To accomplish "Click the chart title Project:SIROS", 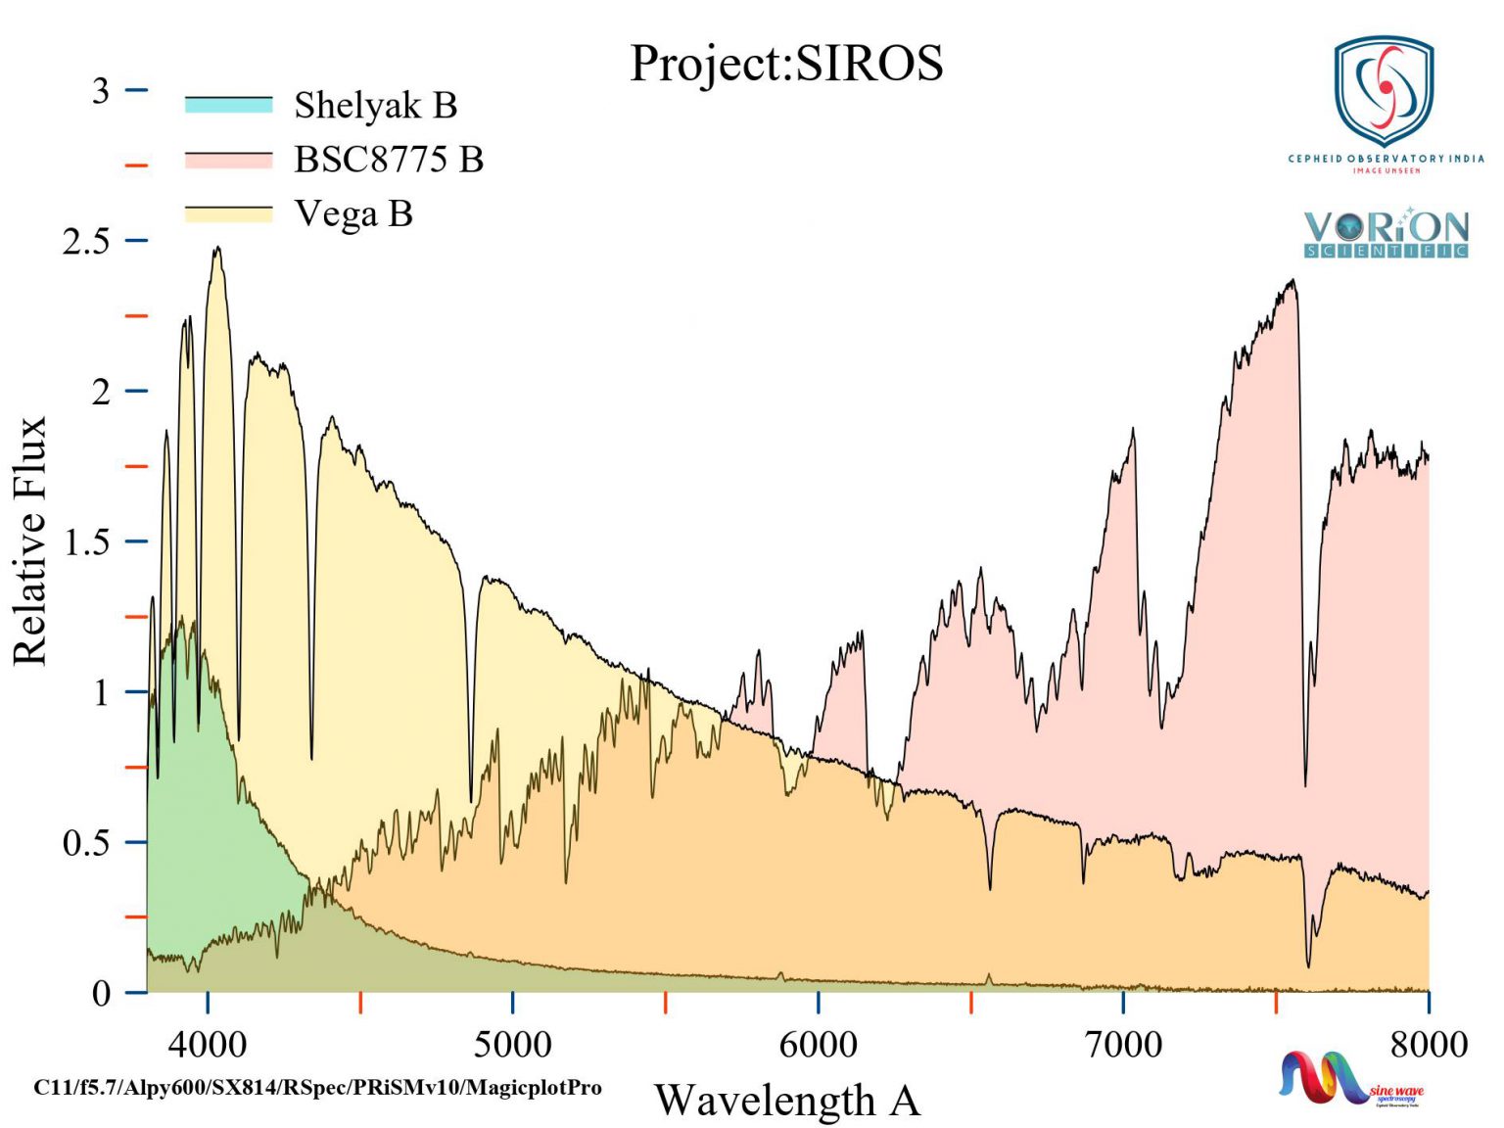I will coord(785,64).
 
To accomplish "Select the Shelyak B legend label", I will coord(375,105).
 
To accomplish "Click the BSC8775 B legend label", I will coord(389,159).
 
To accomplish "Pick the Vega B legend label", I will coord(353,213).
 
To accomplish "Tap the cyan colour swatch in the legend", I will coord(228,105).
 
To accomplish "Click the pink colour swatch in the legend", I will coord(228,160).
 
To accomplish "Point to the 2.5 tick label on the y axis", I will coord(86,241).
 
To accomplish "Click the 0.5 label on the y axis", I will coord(86,842).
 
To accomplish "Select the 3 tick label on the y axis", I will coord(100,91).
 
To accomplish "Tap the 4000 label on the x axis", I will coord(208,1044).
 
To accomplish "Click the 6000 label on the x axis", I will coord(818,1044).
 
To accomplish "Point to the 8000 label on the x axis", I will coord(1428,1044).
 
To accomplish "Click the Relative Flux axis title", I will coord(29,540).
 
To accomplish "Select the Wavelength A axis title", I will coord(787,1100).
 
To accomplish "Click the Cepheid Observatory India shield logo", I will coord(1384,93).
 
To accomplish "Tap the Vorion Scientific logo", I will coord(1386,233).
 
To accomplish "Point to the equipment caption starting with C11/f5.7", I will coord(317,1087).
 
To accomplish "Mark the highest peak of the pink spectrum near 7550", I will coord(1293,281).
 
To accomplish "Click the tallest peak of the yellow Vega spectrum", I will coord(217,248).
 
